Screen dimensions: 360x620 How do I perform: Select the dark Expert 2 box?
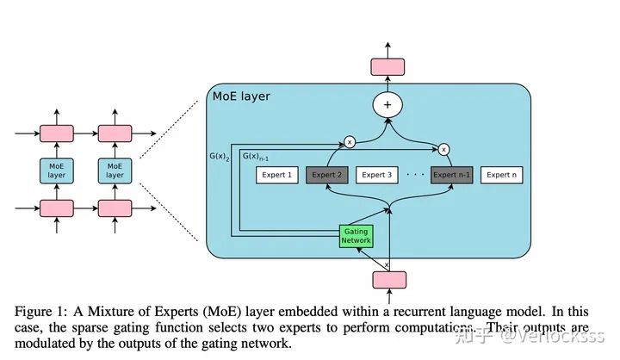pyautogui.click(x=327, y=175)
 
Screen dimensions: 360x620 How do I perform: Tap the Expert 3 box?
pyautogui.click(x=376, y=175)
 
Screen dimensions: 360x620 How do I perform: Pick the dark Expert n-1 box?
pyautogui.click(x=452, y=175)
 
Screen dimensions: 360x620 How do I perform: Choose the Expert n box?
pyautogui.click(x=503, y=175)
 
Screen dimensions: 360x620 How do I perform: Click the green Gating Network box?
pyautogui.click(x=356, y=236)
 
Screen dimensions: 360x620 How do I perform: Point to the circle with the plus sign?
pyautogui.click(x=388, y=106)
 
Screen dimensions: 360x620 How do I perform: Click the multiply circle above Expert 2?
pyautogui.click(x=350, y=141)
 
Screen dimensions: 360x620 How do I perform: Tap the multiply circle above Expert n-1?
pyautogui.click(x=444, y=148)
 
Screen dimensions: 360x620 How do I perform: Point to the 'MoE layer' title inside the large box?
pyautogui.click(x=241, y=96)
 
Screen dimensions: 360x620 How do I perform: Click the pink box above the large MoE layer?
pyautogui.click(x=388, y=65)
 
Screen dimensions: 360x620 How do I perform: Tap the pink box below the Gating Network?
pyautogui.click(x=388, y=279)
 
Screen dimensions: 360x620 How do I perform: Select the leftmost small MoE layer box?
pyautogui.click(x=57, y=169)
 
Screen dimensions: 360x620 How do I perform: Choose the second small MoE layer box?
pyautogui.click(x=115, y=169)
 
